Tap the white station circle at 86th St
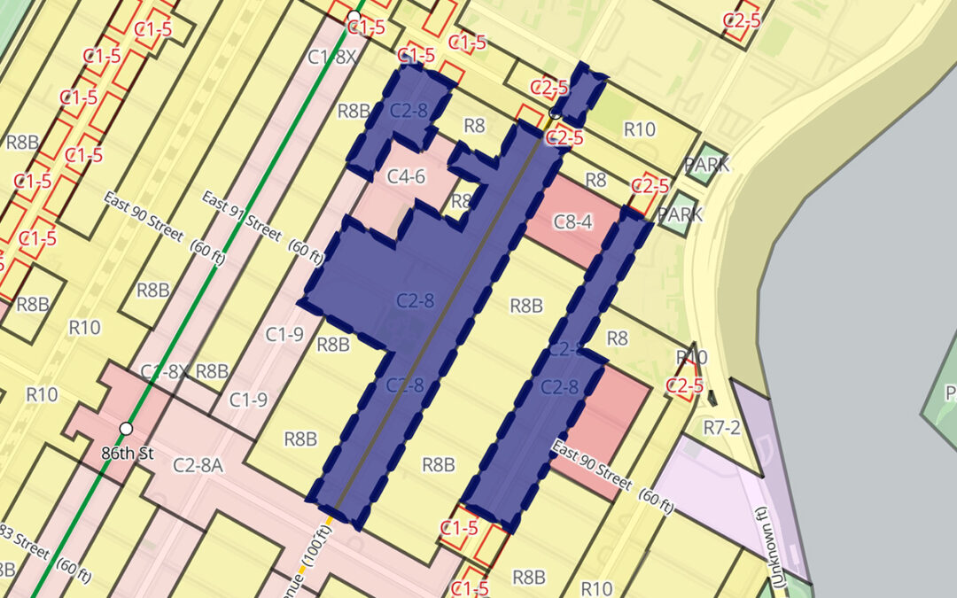126,429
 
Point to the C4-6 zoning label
407,177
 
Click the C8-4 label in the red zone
572,221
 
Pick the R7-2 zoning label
720,428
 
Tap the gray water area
868,310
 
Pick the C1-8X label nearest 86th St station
164,370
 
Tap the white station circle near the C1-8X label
354,17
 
